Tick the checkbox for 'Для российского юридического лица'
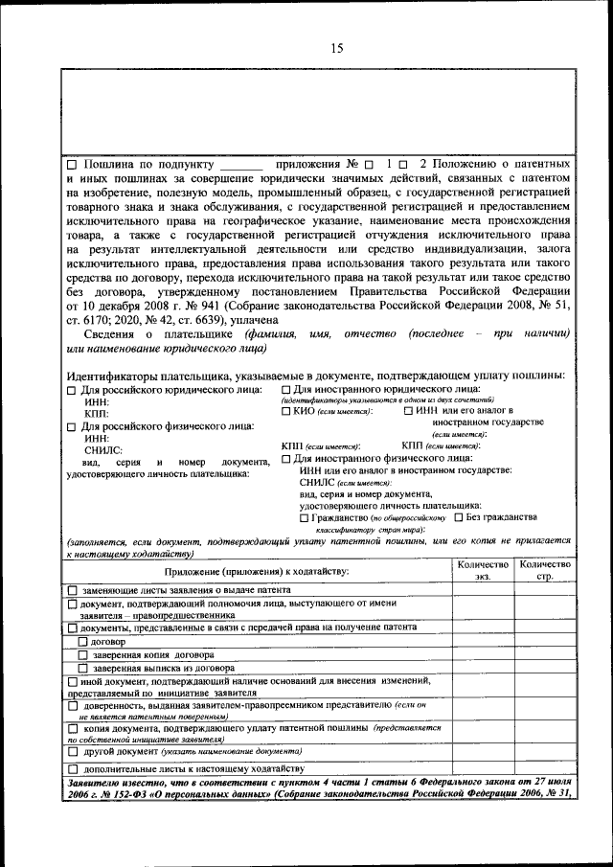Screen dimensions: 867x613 (x=71, y=391)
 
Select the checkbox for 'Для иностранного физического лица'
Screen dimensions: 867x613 (x=286, y=459)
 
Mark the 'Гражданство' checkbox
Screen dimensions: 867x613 (x=304, y=517)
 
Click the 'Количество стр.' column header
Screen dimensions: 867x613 (x=544, y=570)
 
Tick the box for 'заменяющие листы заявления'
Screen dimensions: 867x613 (x=73, y=590)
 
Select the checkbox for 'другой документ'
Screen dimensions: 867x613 (x=73, y=752)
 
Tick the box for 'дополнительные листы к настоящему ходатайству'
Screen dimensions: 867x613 (x=73, y=769)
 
